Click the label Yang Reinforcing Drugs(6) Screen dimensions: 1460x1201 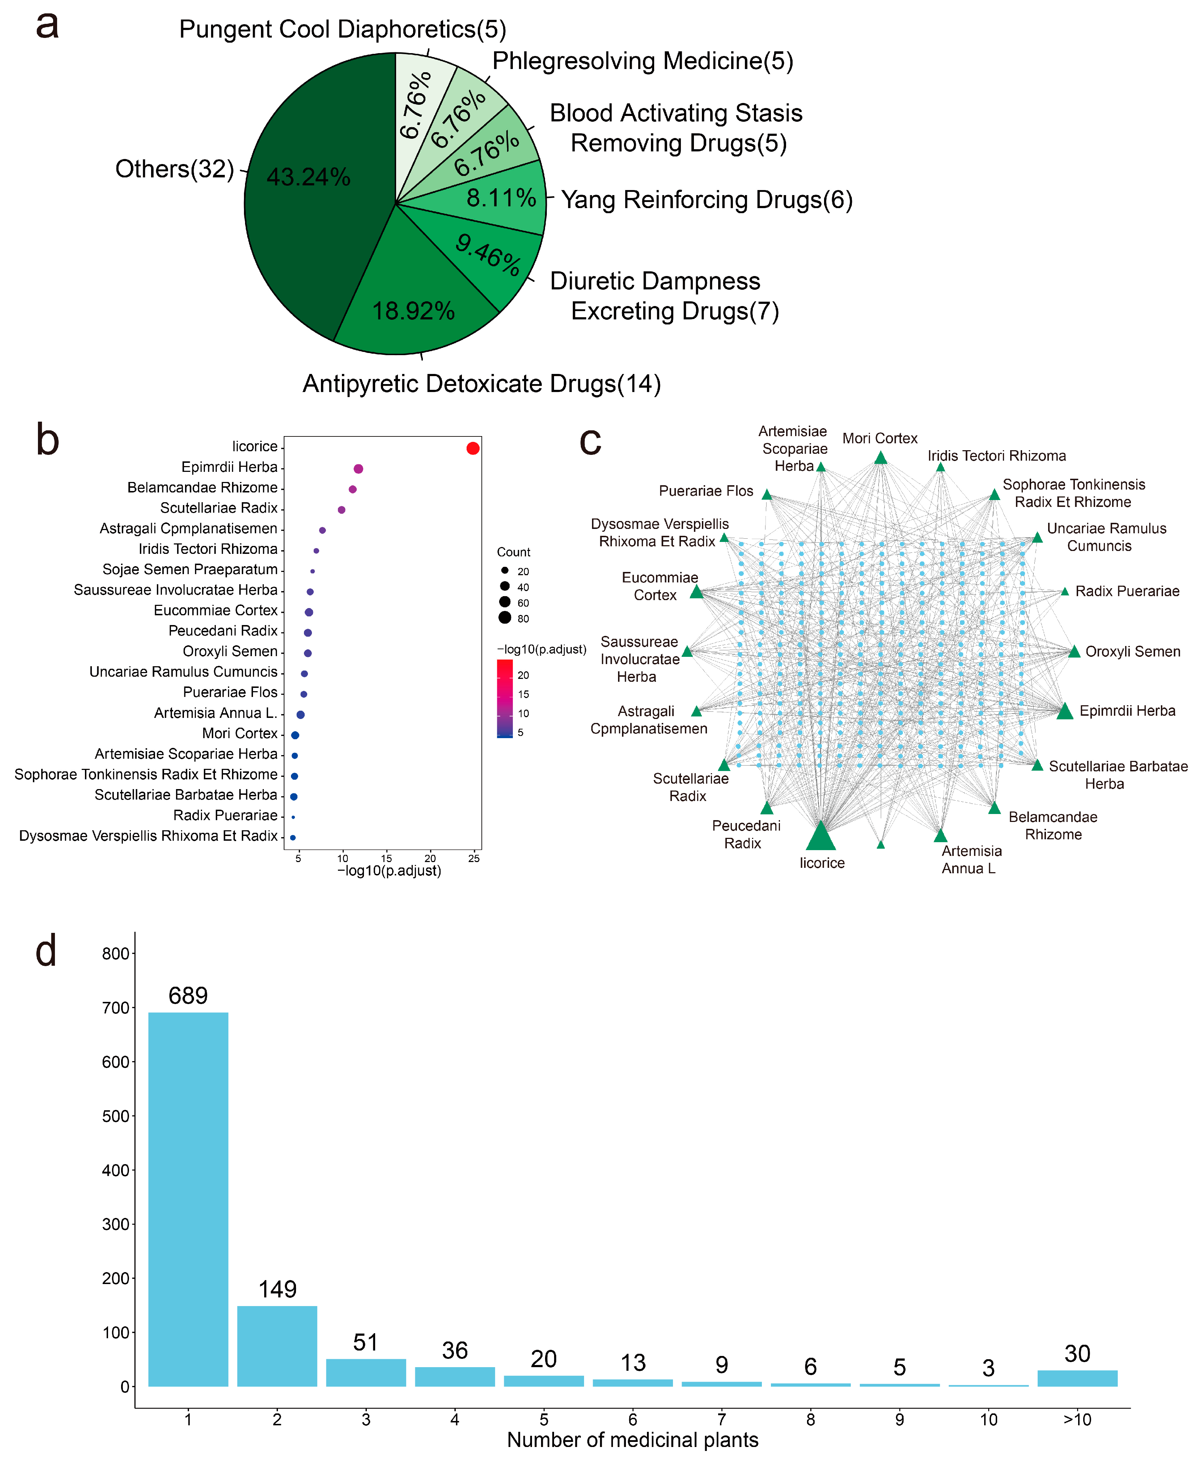[x=706, y=200]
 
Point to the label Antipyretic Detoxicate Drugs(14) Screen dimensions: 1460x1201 [x=481, y=384]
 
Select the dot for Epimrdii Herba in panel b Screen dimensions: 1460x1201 [x=359, y=469]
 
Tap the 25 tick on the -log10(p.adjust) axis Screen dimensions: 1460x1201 [x=474, y=858]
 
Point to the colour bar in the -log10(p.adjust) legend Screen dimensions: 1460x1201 [x=505, y=698]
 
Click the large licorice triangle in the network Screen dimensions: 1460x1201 [x=821, y=836]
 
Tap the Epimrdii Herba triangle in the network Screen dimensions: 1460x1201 [x=1065, y=711]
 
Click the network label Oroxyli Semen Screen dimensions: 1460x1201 [x=1132, y=651]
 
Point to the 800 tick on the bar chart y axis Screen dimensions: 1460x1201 [x=116, y=954]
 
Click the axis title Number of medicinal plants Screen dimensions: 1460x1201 [x=632, y=1440]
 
